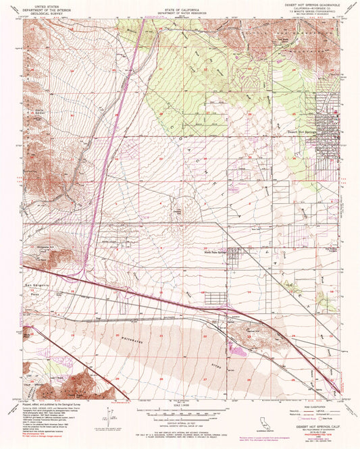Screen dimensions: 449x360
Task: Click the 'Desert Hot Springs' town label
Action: [x=302, y=132]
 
